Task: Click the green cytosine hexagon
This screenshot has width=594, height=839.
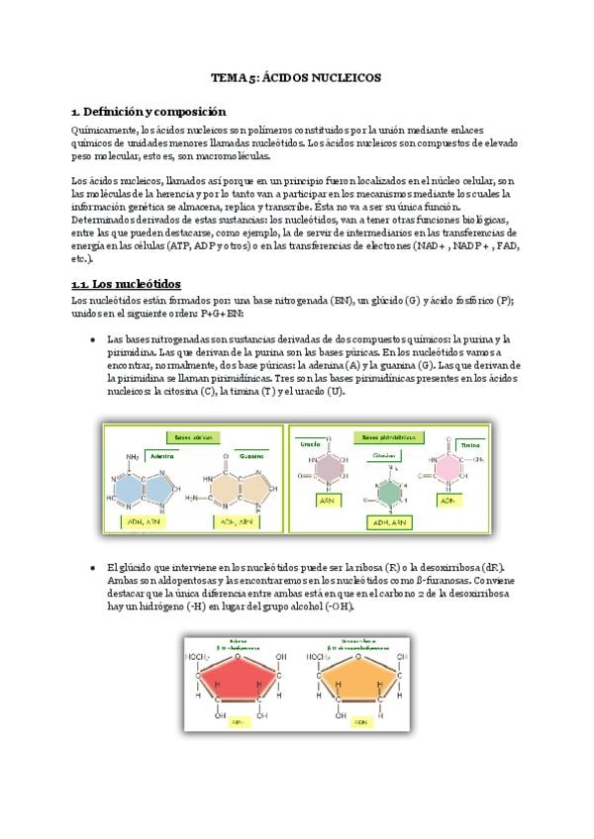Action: point(389,492)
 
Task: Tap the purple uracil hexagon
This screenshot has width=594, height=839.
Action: point(326,468)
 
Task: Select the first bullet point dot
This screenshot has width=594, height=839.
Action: point(92,338)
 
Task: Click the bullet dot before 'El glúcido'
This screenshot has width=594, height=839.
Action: point(92,567)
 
